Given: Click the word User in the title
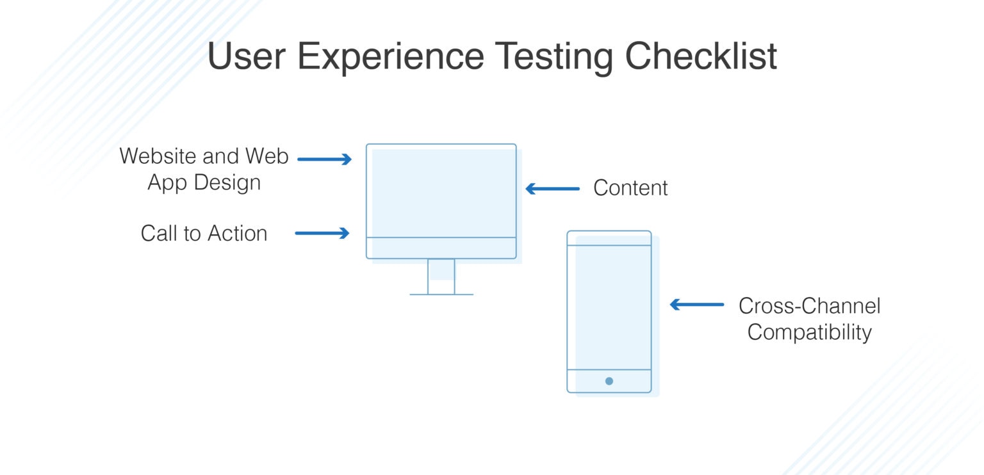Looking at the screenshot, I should [x=245, y=56].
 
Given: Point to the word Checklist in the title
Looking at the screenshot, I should [x=701, y=56].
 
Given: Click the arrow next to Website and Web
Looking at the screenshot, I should [x=325, y=159].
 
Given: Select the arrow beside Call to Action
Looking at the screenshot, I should [x=322, y=234].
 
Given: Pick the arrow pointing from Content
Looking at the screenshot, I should [x=552, y=189].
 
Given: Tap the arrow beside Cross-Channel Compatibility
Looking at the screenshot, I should [x=697, y=305].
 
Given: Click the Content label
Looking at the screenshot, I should [x=630, y=188].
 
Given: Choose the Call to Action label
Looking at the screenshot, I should [x=204, y=234].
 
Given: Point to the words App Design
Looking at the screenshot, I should [x=204, y=183].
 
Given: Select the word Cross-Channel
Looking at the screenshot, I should [x=809, y=306].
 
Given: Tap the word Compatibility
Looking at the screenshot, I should [x=809, y=333].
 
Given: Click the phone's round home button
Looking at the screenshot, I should [x=609, y=381].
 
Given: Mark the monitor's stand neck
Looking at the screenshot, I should [x=441, y=276].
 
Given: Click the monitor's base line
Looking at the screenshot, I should [x=441, y=294].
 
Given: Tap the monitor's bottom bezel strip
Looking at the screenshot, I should [x=441, y=248].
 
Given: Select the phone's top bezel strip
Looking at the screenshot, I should [x=609, y=238].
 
